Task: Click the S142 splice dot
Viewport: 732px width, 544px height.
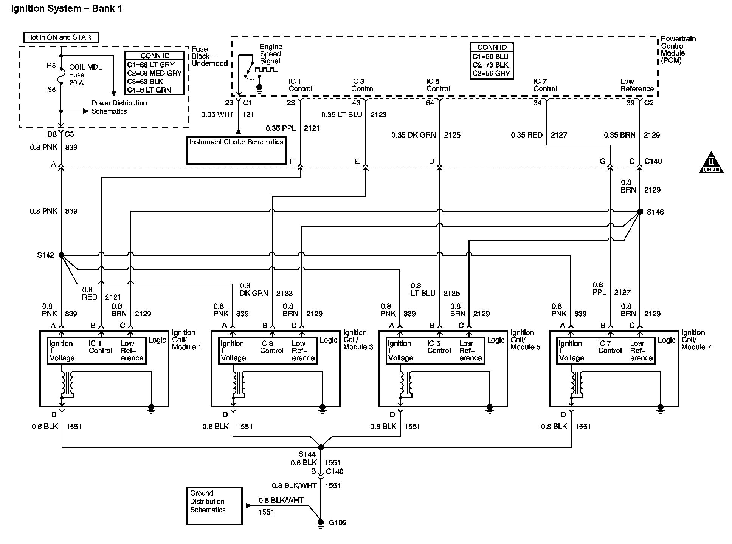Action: point(61,255)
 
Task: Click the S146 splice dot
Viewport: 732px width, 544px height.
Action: point(640,212)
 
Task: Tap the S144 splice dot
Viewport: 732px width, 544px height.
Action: point(321,447)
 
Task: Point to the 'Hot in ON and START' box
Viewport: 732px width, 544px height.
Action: point(61,37)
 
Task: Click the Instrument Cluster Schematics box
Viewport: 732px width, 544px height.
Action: point(236,150)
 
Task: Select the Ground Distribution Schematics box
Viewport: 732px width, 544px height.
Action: point(214,505)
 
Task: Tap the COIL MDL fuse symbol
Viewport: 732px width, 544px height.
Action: point(61,78)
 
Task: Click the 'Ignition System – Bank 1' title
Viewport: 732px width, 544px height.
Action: point(67,9)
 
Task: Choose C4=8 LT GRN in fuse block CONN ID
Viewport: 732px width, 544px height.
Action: point(149,90)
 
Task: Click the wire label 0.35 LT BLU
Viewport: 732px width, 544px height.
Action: point(342,115)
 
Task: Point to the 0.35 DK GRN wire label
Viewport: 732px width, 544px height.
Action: point(414,135)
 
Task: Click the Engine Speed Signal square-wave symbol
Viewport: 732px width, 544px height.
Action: point(267,70)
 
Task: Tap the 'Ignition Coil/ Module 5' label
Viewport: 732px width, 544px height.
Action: point(525,340)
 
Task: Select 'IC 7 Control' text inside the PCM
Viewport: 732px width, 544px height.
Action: point(545,85)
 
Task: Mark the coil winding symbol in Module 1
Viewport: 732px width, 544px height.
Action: point(68,383)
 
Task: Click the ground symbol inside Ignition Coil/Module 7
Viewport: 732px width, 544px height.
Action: point(660,408)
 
